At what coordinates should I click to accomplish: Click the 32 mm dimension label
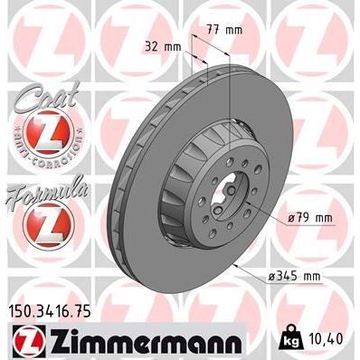[x=161, y=43]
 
